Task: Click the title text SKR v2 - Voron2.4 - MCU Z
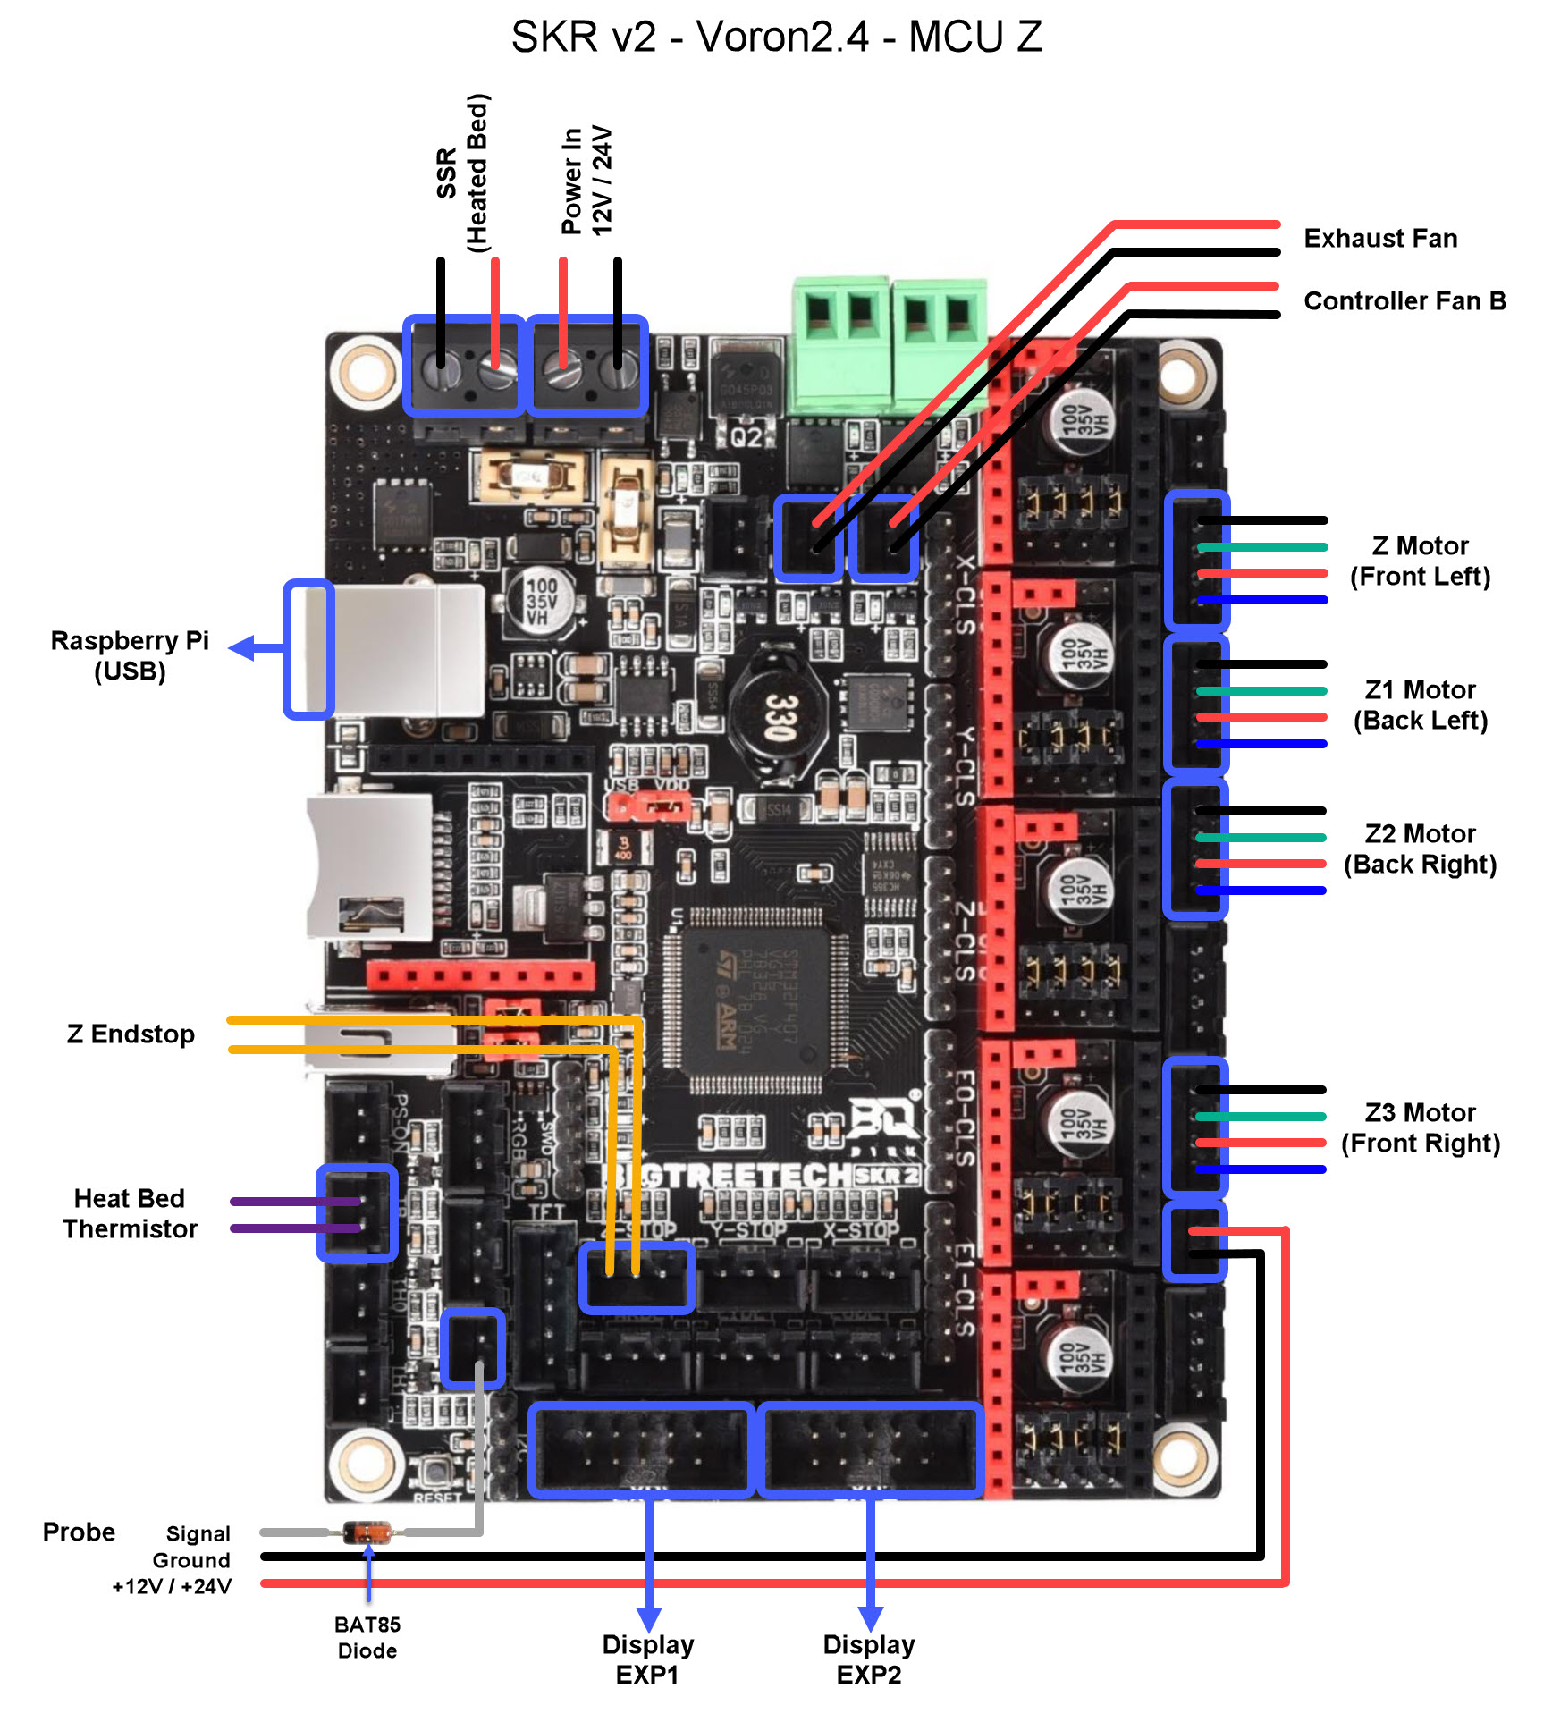[776, 38]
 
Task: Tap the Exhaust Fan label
[1379, 239]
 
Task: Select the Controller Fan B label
[1404, 301]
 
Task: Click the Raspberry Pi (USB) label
[130, 655]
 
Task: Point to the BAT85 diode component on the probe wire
[367, 1532]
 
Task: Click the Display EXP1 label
[647, 1659]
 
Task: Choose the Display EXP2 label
[868, 1659]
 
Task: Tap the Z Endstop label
[131, 1034]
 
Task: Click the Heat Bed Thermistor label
[130, 1214]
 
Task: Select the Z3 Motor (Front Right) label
[1420, 1128]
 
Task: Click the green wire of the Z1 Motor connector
[1261, 691]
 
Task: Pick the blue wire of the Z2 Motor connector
[1261, 891]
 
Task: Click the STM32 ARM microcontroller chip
[755, 1001]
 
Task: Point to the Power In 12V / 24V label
[586, 181]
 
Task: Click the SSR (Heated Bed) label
[463, 173]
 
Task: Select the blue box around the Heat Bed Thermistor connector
[357, 1213]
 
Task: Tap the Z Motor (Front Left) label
[1420, 561]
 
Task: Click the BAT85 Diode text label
[367, 1638]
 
